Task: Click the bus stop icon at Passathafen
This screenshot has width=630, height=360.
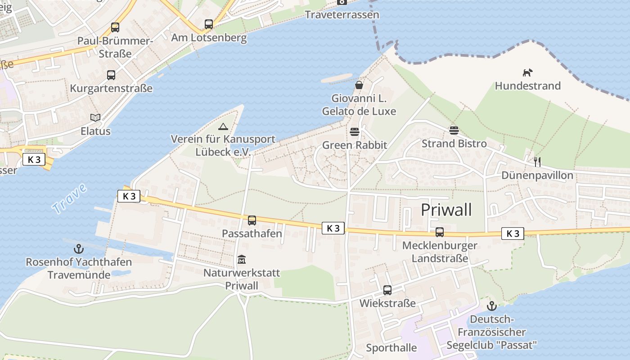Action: click(x=252, y=220)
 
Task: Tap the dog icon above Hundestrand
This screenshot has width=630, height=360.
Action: click(x=527, y=72)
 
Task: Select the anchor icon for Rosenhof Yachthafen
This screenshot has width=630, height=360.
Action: click(x=79, y=249)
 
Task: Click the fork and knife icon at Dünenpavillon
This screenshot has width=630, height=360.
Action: click(x=537, y=162)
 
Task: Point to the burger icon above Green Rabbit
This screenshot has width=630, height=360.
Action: click(x=355, y=132)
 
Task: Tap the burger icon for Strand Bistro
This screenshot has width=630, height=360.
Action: click(x=454, y=130)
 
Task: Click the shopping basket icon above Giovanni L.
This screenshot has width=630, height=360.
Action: click(x=359, y=85)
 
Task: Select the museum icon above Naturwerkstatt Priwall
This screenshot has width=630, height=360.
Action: click(x=242, y=260)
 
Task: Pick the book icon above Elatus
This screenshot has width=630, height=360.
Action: click(x=95, y=118)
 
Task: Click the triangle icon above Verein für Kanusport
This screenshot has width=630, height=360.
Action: click(x=223, y=126)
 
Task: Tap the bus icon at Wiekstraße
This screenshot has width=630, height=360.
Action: click(x=387, y=290)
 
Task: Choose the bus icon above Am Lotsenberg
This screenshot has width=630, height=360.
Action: click(x=209, y=24)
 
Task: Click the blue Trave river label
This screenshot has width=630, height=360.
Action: click(x=69, y=198)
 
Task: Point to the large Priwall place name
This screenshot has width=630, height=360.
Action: click(x=446, y=210)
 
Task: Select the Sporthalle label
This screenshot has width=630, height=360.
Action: click(x=391, y=348)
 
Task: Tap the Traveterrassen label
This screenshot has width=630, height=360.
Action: click(x=342, y=15)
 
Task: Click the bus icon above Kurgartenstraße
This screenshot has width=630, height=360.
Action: click(x=111, y=75)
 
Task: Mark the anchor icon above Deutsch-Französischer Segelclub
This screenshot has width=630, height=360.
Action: click(x=492, y=306)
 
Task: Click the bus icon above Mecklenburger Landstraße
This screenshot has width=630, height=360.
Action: click(x=440, y=232)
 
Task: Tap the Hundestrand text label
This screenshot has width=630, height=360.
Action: click(x=528, y=86)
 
